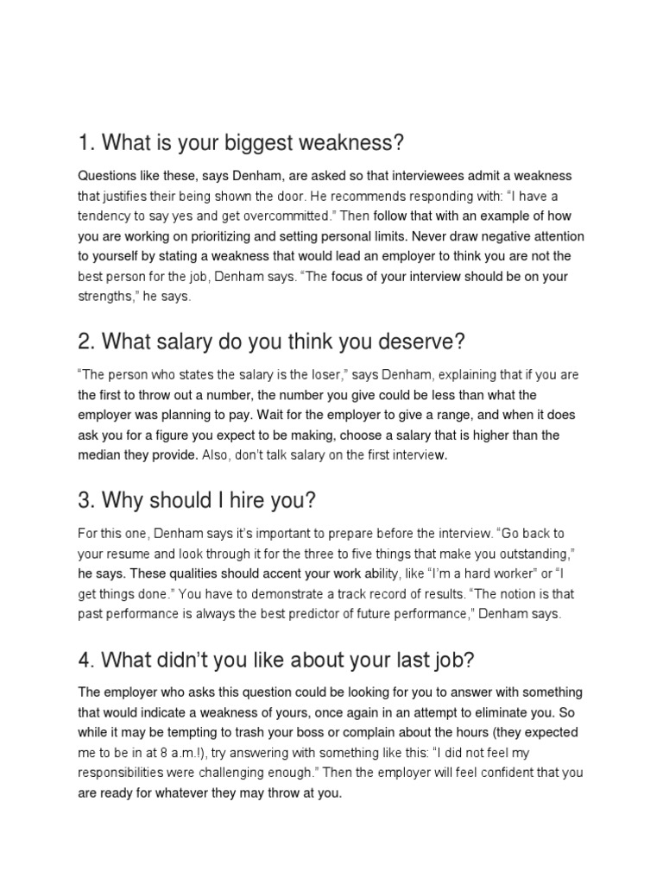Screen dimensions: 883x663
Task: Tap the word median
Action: pyautogui.click(x=101, y=454)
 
